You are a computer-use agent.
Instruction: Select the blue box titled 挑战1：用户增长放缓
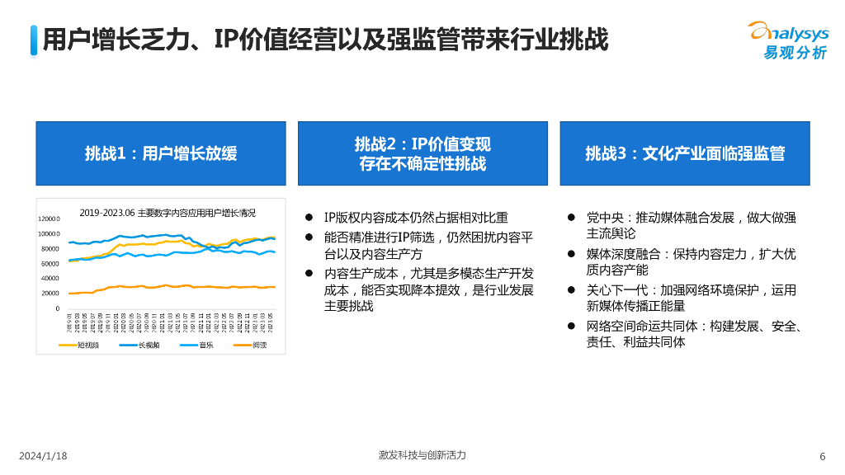click(161, 153)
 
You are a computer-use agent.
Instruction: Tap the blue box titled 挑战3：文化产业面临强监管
click(685, 153)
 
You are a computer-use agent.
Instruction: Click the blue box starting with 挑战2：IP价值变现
click(422, 153)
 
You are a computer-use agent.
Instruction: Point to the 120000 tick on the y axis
click(49, 219)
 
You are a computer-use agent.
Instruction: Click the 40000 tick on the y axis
click(50, 279)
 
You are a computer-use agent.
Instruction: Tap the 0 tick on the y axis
click(57, 308)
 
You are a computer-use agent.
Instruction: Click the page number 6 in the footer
click(822, 457)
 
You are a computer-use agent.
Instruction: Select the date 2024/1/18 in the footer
click(43, 457)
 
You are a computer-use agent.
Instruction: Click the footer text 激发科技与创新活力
click(422, 456)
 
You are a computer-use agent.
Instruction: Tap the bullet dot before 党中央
click(570, 218)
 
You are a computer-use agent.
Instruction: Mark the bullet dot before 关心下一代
click(570, 290)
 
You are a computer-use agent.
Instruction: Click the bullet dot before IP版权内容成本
click(309, 218)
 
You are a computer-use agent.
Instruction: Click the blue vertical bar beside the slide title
click(33, 40)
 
